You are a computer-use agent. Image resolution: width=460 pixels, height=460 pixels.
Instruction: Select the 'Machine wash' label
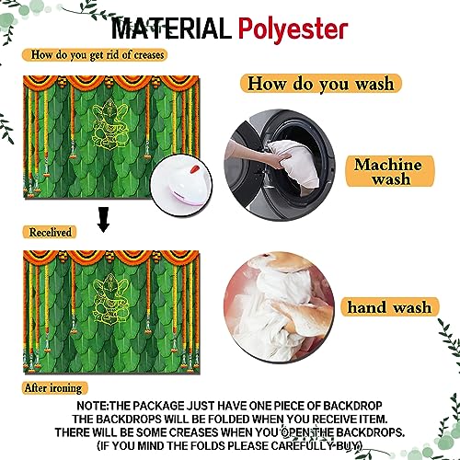point(389,172)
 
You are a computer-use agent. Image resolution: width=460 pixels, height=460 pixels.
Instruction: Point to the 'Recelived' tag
point(50,233)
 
